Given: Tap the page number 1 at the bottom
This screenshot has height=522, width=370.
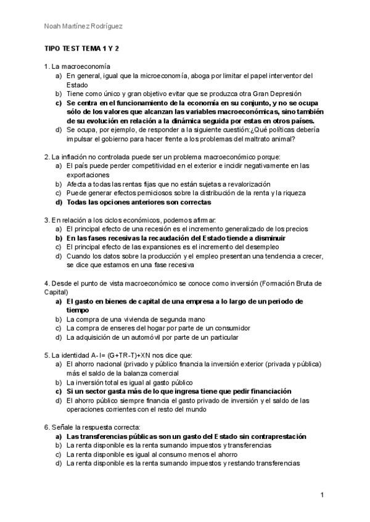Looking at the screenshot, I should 322,495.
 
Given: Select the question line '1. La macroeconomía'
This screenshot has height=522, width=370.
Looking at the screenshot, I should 77,66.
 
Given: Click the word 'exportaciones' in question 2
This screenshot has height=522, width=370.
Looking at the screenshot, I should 87,175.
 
